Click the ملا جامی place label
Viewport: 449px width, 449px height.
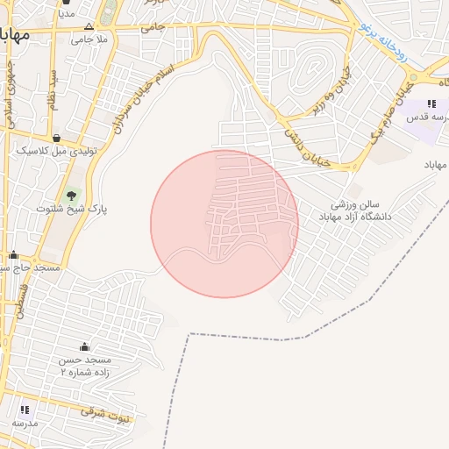(89, 40)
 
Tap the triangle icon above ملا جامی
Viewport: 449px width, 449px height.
(89, 25)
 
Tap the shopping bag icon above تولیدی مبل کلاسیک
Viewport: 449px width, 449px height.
(56, 138)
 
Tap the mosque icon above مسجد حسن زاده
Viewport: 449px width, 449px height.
(83, 347)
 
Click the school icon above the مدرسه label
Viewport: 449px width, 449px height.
(25, 409)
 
